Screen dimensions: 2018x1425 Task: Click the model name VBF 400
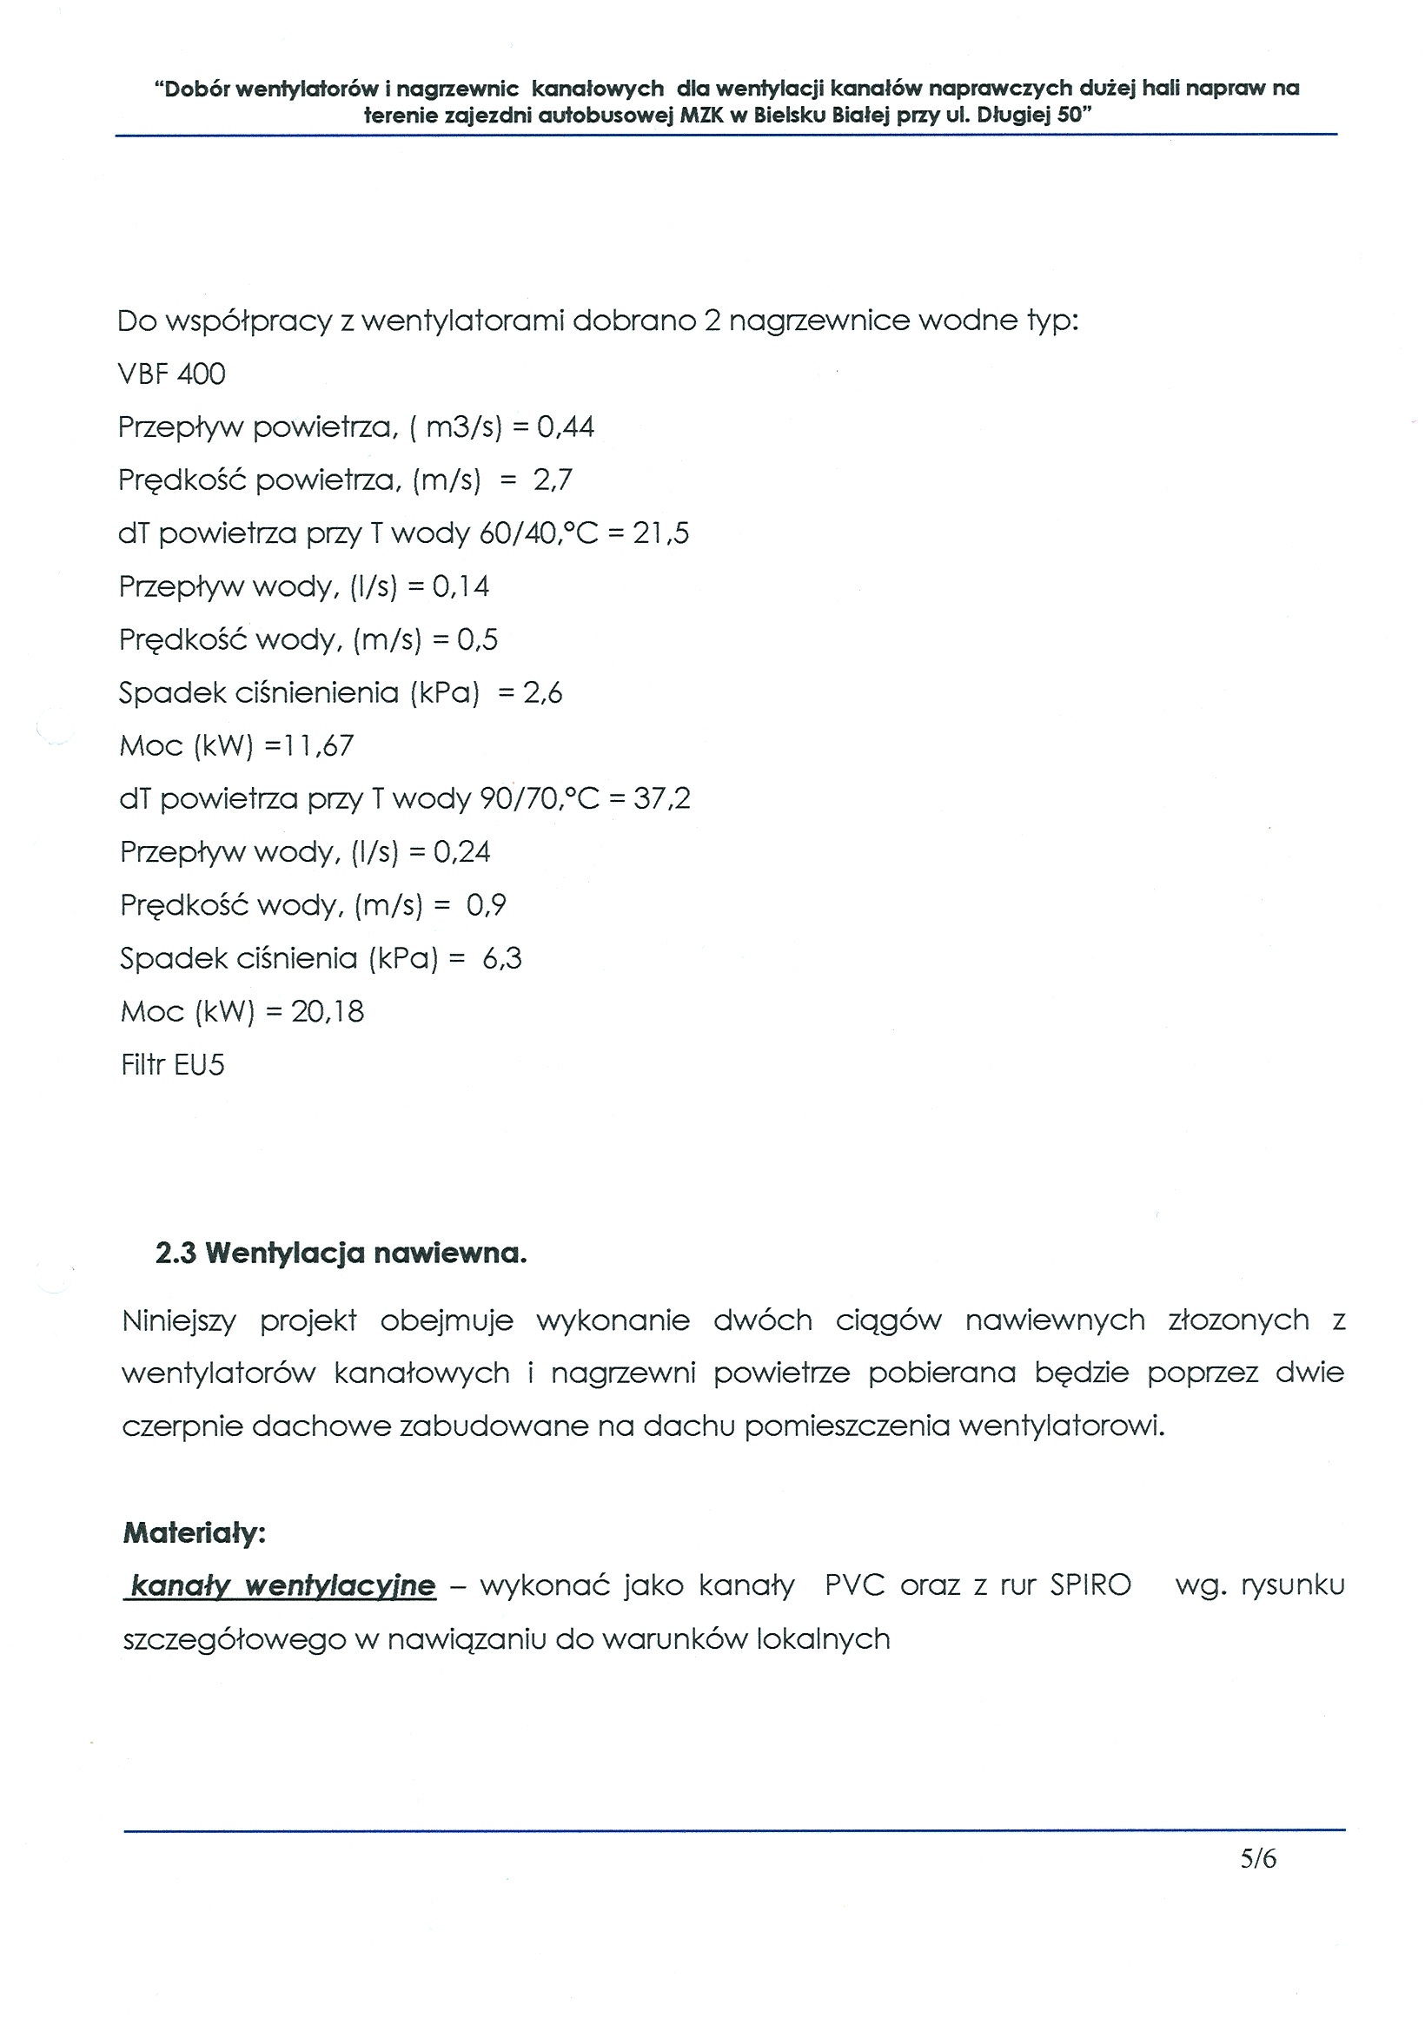coord(171,374)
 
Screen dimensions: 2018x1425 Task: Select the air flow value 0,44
coord(566,427)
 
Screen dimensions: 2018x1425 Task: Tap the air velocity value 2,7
coord(552,480)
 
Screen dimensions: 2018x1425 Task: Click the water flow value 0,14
coord(461,586)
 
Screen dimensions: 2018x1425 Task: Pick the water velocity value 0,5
coord(477,640)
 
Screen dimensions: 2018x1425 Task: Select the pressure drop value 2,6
coord(542,693)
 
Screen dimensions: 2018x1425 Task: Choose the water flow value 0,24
coord(461,851)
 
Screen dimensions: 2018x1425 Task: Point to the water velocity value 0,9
coord(486,905)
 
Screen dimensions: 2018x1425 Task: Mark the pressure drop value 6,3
coord(502,958)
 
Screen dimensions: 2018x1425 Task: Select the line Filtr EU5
coord(172,1065)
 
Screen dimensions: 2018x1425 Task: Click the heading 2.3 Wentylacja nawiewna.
coord(341,1254)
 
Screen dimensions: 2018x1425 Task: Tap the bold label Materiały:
coord(195,1534)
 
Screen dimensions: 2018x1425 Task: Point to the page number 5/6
coord(1258,1858)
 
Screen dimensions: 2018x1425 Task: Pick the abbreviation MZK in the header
coord(699,116)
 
